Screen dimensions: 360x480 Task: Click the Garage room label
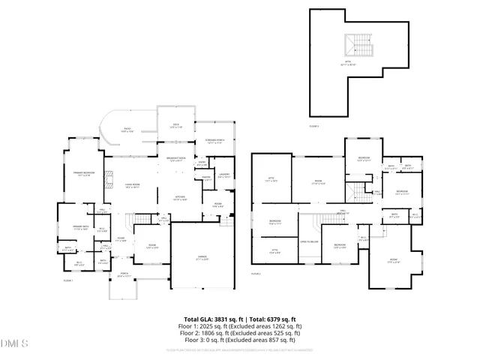(202, 257)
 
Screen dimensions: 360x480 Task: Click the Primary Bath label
(81, 227)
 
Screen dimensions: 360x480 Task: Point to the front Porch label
(124, 276)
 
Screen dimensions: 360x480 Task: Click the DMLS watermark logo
(13, 344)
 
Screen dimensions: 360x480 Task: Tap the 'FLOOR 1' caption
(68, 280)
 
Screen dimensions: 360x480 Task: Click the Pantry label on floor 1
(205, 177)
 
